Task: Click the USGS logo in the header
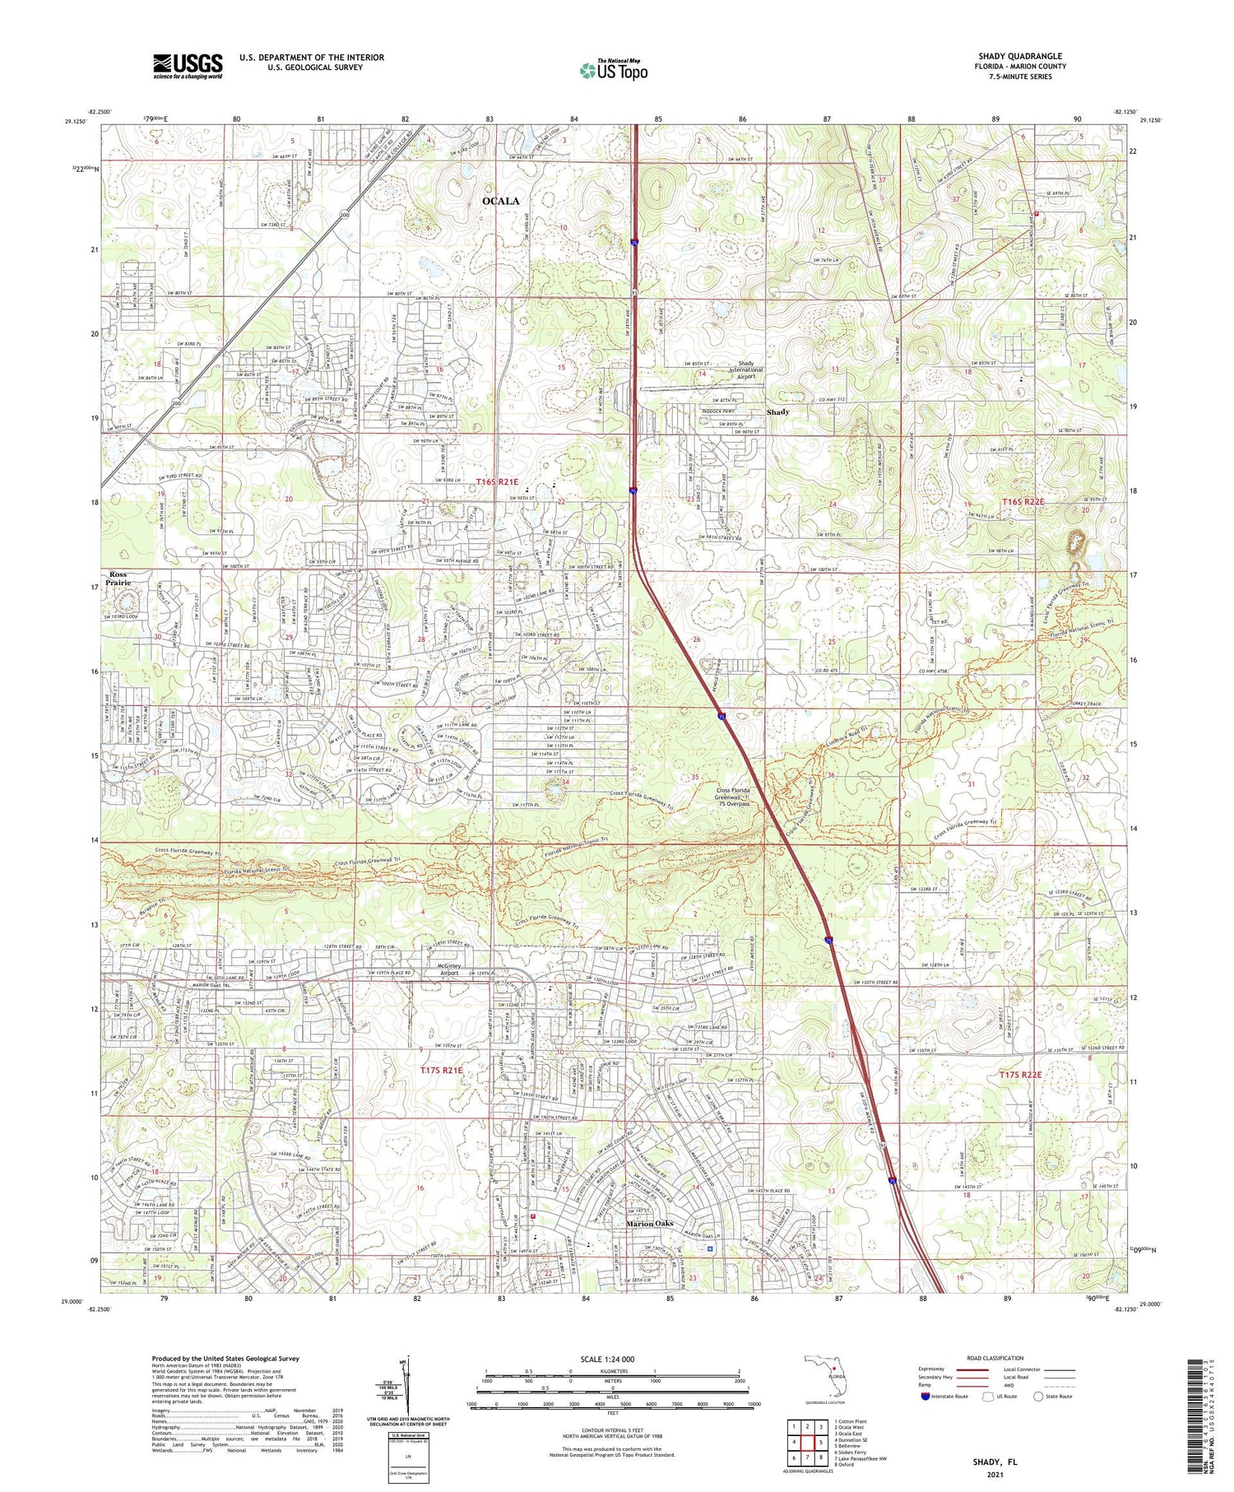(188, 66)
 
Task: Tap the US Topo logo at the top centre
(613, 71)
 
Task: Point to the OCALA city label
(500, 201)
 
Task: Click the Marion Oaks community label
(650, 1224)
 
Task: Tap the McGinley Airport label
(448, 969)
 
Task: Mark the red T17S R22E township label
(1021, 1075)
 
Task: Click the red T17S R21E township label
(442, 1070)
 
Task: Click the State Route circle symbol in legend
(1039, 1396)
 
